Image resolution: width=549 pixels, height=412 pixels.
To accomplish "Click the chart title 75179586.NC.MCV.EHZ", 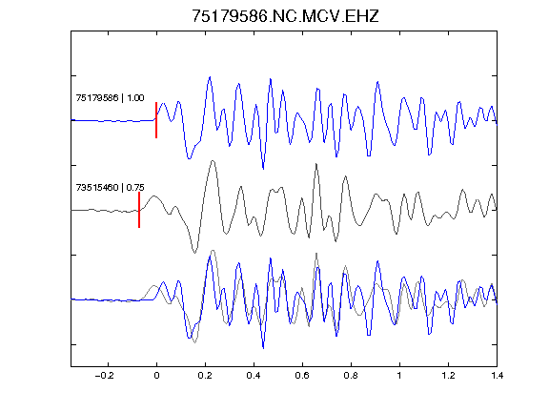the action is [x=285, y=16].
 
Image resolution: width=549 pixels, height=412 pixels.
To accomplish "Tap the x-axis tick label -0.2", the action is [x=105, y=376].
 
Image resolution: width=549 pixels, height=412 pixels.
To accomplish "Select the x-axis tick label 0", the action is [x=156, y=376].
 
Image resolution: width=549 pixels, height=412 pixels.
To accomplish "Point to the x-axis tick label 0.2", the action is [x=205, y=376].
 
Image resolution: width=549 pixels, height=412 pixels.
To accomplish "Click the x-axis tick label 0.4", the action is [x=254, y=376].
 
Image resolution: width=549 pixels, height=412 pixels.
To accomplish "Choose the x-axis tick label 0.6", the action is [x=302, y=376].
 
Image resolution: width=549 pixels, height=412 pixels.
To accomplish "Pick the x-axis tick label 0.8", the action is [x=351, y=376].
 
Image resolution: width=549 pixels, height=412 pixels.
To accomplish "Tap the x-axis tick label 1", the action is [x=399, y=376].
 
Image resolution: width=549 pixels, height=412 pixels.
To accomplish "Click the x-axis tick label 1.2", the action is [x=448, y=376].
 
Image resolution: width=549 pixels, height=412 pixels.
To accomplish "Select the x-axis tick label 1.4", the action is [x=497, y=376].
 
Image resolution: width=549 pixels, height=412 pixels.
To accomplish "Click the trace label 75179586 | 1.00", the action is [x=110, y=97].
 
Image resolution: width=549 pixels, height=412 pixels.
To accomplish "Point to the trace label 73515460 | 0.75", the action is [x=110, y=188].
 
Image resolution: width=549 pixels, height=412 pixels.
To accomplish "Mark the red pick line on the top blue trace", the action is [x=156, y=120].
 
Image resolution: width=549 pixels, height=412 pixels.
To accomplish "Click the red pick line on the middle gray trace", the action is [x=139, y=210].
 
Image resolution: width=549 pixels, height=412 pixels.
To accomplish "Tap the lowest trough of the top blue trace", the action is [x=263, y=169].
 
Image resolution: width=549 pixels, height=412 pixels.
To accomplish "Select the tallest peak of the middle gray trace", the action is [x=213, y=161].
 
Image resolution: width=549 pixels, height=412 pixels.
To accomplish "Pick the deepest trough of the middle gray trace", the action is [x=194, y=252].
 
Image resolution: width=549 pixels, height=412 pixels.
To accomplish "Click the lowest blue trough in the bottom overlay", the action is [x=263, y=348].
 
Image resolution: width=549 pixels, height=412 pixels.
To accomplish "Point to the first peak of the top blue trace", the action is [x=163, y=103].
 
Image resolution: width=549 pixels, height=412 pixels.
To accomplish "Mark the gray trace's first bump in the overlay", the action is [x=154, y=286].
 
